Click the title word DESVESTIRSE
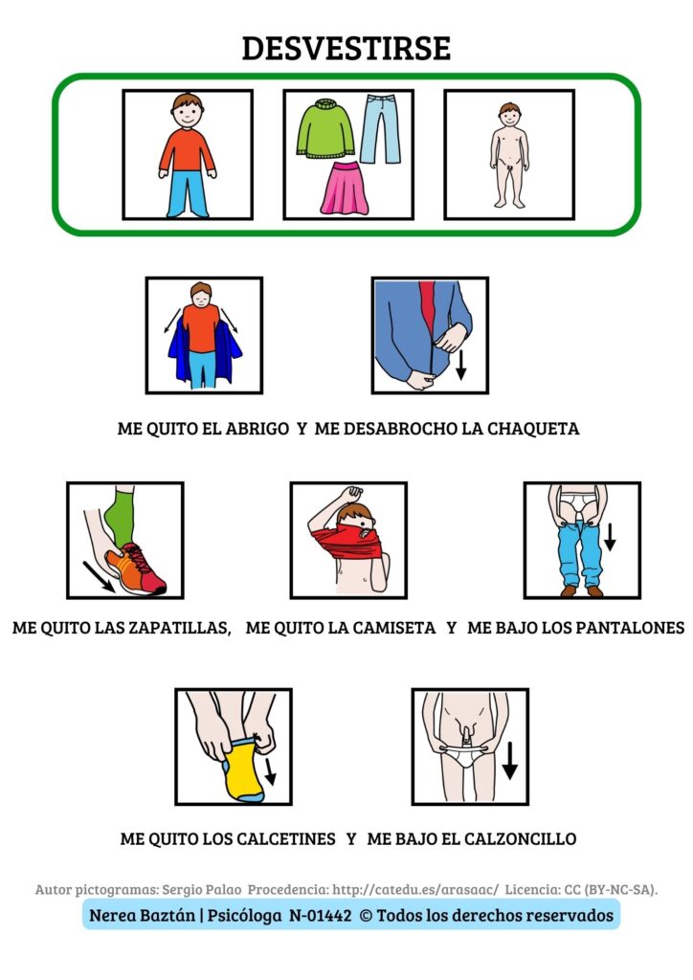[x=346, y=48]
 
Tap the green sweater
[x=325, y=129]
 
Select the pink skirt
[x=345, y=188]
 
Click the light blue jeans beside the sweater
[x=382, y=129]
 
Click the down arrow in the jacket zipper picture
[x=461, y=365]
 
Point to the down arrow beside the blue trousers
[x=610, y=537]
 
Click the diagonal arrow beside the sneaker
[x=99, y=576]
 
